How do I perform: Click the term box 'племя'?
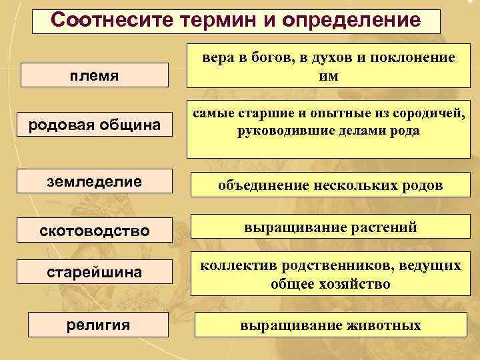pos(94,75)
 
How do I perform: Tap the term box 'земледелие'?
pos(94,181)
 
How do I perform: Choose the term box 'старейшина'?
pos(94,274)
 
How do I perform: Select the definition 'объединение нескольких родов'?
pos(330,185)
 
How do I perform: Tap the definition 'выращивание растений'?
pos(330,228)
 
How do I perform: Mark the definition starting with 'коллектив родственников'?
pos(330,275)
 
